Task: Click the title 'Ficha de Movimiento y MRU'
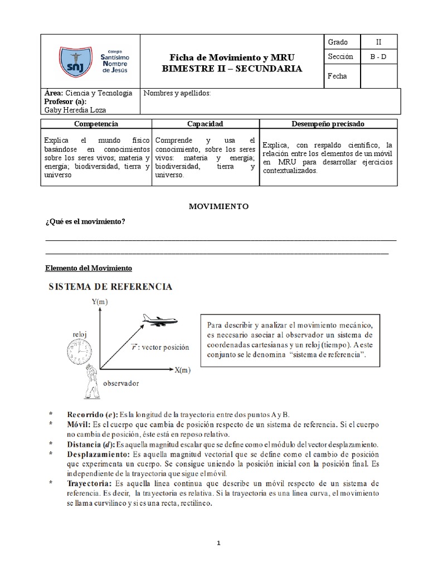[x=231, y=58]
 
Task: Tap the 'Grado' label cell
[x=338, y=42]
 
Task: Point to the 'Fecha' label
[x=337, y=76]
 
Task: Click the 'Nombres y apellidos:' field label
[x=177, y=93]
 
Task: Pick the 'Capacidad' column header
[x=205, y=124]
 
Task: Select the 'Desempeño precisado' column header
[x=329, y=124]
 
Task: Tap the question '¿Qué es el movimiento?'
[x=85, y=222]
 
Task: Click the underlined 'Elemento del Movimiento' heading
[x=88, y=269]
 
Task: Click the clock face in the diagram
[x=80, y=353]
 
